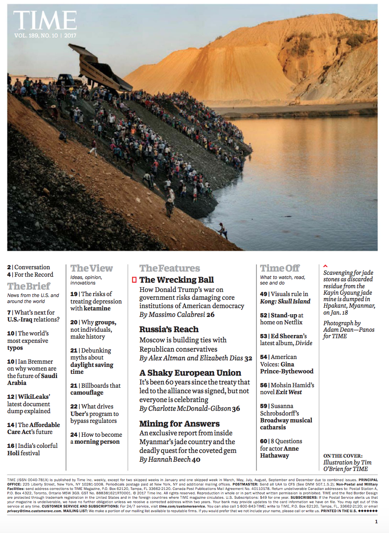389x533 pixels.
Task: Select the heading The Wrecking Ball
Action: (176, 279)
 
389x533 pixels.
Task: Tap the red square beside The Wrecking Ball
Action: (134, 279)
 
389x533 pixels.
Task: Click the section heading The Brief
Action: (29, 286)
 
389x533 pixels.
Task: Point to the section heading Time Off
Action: (280, 268)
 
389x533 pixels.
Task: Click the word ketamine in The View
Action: (97, 308)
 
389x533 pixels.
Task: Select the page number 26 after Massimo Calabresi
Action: (211, 315)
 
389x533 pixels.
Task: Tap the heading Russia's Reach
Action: (169, 329)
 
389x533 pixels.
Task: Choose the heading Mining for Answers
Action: (179, 424)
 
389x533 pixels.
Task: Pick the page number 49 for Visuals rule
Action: (264, 294)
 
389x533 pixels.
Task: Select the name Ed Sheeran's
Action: (289, 336)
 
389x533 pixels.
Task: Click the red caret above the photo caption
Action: (325, 266)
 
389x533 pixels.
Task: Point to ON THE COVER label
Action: (343, 456)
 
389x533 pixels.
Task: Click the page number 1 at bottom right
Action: (376, 522)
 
